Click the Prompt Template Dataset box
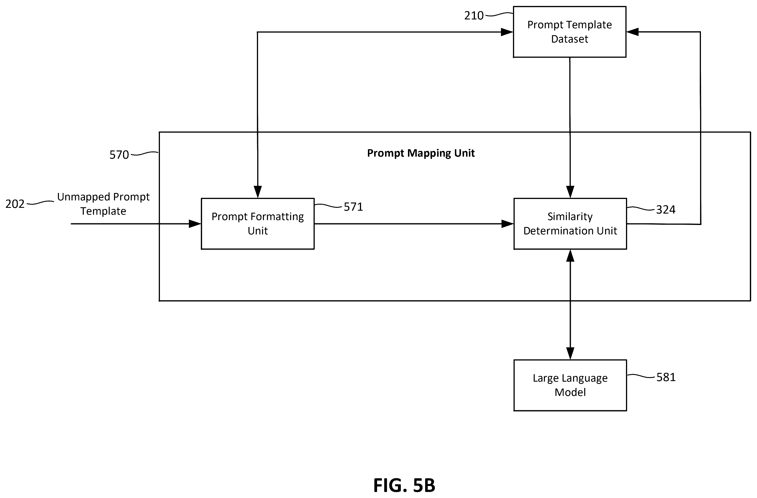click(569, 32)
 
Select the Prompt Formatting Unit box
click(258, 224)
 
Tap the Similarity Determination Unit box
click(570, 224)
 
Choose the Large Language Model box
click(570, 385)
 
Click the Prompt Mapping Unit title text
click(421, 153)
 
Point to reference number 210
click(473, 15)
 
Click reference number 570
click(119, 155)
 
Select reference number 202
click(15, 204)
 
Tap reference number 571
click(353, 207)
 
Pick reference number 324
click(666, 210)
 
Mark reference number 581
click(666, 377)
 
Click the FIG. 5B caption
click(404, 485)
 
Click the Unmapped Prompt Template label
click(103, 204)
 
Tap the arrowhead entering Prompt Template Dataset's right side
click(632, 32)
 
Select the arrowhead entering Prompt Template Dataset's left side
click(507, 32)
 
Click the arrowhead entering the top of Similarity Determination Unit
click(570, 192)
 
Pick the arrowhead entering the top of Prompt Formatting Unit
click(258, 192)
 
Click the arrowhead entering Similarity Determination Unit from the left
click(508, 224)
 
